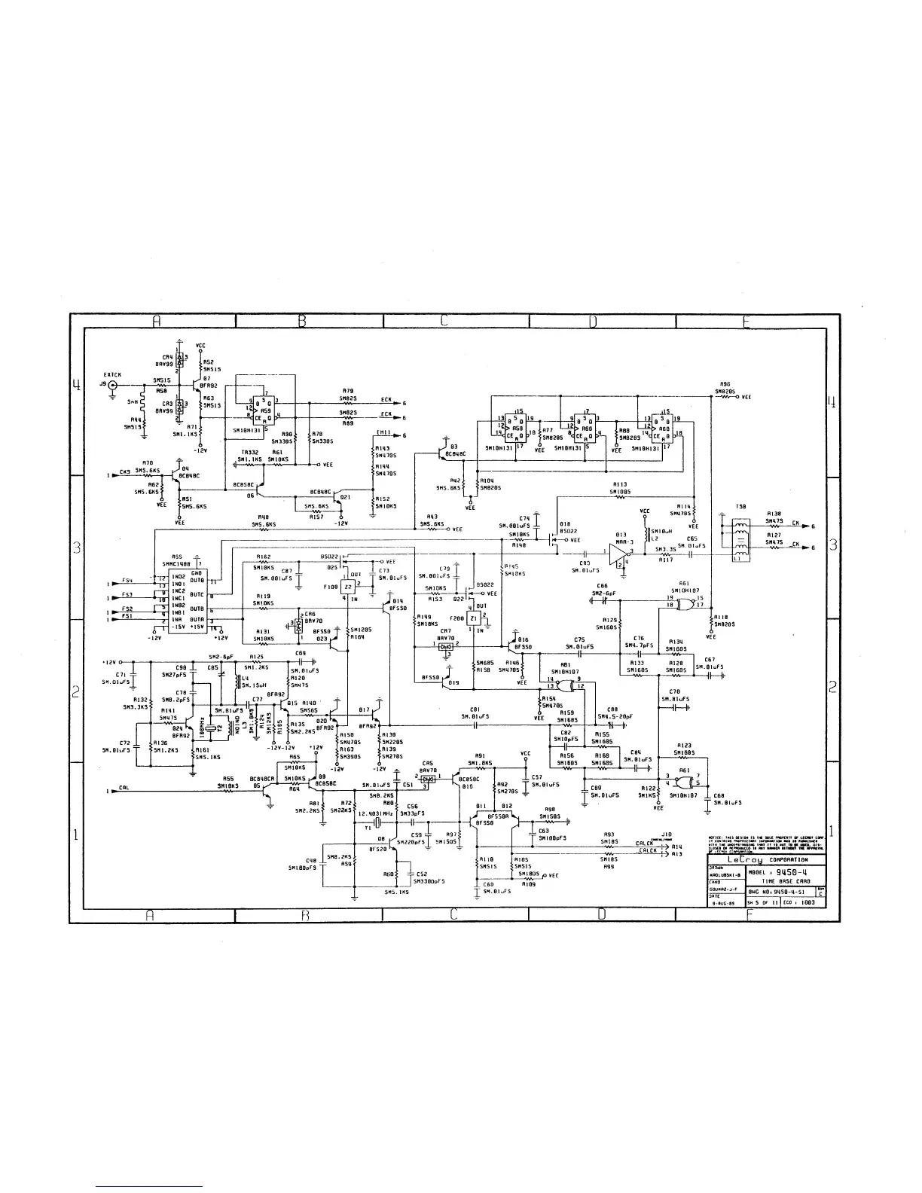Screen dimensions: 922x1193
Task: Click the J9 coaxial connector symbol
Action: [x=113, y=385]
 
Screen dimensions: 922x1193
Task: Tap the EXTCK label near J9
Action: [x=113, y=374]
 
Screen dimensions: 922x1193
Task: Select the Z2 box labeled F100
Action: [x=347, y=587]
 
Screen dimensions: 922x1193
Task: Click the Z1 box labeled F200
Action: [x=473, y=618]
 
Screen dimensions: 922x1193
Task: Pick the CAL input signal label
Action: [x=124, y=790]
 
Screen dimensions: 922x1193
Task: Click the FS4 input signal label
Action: [x=127, y=581]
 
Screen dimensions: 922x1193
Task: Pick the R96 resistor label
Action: [x=725, y=383]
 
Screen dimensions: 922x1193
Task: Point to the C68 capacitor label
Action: [x=719, y=796]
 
